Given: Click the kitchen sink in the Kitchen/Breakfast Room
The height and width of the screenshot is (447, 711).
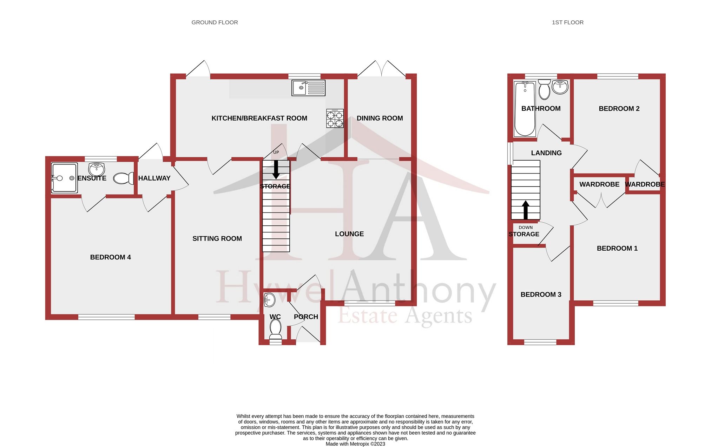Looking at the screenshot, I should [308, 88].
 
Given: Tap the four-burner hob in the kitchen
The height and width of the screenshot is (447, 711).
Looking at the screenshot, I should [335, 118].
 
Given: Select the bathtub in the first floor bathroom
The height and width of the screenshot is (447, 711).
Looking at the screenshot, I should [525, 109].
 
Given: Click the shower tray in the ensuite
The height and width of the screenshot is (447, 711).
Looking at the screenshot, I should [64, 178].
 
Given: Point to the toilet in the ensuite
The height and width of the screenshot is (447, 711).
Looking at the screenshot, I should [123, 178].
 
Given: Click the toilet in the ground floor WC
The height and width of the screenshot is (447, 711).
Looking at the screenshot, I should [276, 329].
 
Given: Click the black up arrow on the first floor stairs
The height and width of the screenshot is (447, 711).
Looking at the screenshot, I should [525, 210].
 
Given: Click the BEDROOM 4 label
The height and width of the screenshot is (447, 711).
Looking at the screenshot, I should [110, 257].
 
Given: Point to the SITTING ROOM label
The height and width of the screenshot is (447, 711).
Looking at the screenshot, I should [217, 239].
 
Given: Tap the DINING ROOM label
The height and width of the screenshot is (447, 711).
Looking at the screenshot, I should [380, 118].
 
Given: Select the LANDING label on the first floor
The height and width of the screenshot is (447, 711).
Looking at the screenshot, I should [546, 153].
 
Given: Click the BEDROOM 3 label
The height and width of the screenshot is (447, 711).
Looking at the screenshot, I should [541, 294].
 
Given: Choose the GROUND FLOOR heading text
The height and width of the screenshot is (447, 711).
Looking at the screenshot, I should [215, 22].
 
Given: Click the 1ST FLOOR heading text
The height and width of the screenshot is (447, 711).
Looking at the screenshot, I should [567, 22].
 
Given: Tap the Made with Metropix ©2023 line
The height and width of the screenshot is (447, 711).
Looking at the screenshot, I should [355, 444].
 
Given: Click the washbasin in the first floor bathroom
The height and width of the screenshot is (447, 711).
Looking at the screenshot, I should [560, 87].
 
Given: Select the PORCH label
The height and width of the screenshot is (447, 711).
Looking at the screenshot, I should [306, 317].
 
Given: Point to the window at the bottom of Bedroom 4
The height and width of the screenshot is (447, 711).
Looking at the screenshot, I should [106, 317].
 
